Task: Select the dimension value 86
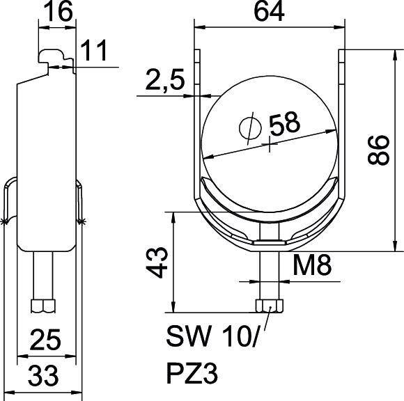tap(378, 149)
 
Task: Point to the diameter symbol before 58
tap(249, 127)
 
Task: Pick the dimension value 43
tap(159, 261)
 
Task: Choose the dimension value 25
tap(45, 340)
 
